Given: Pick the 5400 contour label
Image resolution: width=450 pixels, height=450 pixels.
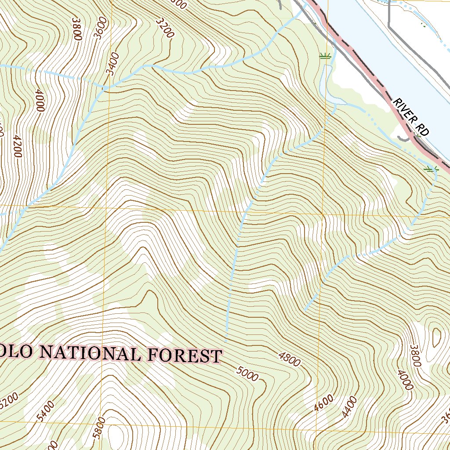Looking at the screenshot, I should tap(43, 410).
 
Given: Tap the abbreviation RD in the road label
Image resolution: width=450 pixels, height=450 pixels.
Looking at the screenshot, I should tap(423, 129).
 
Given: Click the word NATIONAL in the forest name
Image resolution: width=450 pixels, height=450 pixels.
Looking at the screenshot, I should tap(92, 353).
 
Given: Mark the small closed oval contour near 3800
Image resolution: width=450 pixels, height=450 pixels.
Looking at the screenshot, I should tap(436, 338).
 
